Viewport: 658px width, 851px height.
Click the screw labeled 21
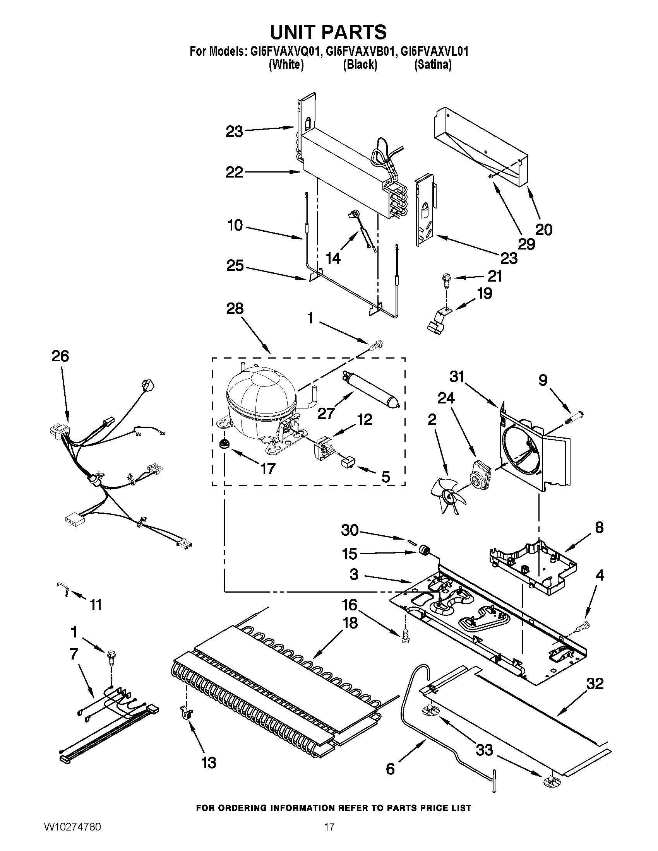(445, 279)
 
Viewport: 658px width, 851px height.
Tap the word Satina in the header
(433, 65)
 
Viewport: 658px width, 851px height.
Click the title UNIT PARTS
(328, 32)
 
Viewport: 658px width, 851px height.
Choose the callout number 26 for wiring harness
(60, 356)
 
